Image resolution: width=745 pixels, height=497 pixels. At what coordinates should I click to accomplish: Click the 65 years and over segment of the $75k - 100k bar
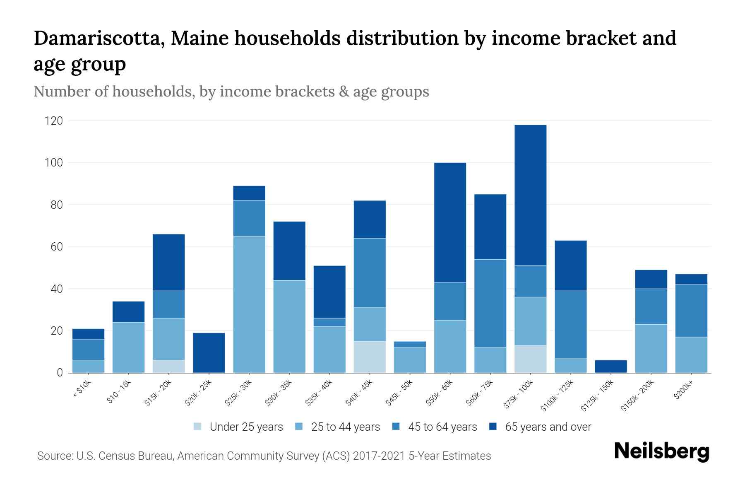(530, 195)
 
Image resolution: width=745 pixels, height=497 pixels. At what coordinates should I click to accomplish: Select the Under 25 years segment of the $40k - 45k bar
(370, 357)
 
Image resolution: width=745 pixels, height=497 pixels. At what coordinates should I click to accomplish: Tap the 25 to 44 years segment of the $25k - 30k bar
(249, 304)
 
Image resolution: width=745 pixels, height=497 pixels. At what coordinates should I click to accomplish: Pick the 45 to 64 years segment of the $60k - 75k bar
(490, 303)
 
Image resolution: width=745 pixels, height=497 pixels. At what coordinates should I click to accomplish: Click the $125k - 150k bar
(610, 366)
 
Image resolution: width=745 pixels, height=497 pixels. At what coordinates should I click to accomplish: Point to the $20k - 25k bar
(209, 352)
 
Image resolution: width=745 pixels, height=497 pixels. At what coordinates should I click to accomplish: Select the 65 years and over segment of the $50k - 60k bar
(450, 222)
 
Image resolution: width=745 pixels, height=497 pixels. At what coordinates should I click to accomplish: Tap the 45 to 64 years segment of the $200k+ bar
(691, 311)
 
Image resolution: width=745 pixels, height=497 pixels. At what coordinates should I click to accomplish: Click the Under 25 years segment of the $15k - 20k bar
(169, 366)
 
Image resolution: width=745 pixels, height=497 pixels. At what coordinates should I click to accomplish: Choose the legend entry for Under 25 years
(238, 427)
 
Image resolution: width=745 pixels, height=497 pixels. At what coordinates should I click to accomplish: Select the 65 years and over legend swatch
(493, 427)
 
